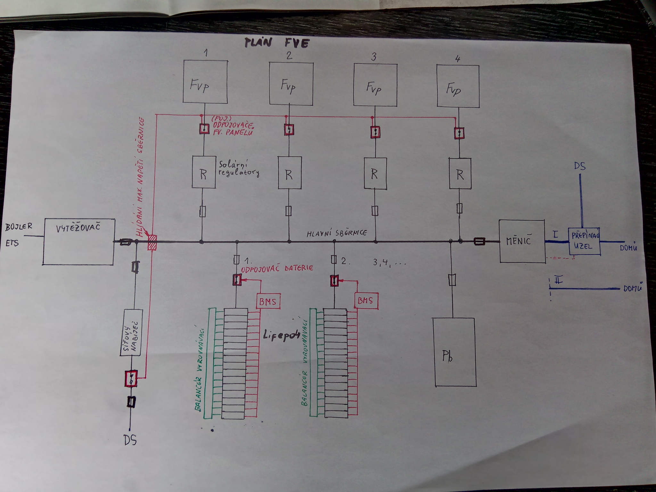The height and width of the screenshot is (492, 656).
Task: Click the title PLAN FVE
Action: coord(276,43)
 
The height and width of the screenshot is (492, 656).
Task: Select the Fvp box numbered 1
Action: coord(205,82)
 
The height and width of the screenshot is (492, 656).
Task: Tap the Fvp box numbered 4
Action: coord(458,86)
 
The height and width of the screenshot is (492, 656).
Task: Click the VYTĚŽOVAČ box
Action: coord(78,242)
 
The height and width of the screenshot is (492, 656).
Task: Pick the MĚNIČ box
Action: coord(522,241)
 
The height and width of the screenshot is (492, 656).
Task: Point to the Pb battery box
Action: coord(454,352)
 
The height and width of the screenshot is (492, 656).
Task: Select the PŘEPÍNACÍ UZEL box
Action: coord(584,241)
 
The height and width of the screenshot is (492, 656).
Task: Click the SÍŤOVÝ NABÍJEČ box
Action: coord(132,332)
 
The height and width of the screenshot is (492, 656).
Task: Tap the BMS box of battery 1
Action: coord(268,301)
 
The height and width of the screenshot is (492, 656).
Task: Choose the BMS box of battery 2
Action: coord(366,301)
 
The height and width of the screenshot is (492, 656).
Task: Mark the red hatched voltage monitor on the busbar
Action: coord(152,242)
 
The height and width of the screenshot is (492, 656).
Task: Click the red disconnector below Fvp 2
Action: coord(289,130)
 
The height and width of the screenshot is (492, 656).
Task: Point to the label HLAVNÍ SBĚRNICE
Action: coord(337,233)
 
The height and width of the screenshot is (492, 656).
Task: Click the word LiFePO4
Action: coord(282,336)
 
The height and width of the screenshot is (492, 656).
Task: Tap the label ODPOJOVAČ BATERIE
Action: coord(277,268)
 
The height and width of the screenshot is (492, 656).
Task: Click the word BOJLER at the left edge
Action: coord(19,226)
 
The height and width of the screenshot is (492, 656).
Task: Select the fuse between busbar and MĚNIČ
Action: coord(479,241)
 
